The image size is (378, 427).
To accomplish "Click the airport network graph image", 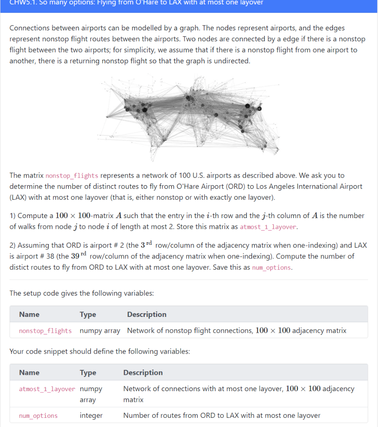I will point(189,119).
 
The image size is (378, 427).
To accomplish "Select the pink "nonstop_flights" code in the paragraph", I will point(72,176).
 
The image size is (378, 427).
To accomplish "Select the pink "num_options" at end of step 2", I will point(271,268).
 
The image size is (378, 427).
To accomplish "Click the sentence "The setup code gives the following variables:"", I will point(82,293).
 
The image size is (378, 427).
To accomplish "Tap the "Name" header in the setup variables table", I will point(29,314).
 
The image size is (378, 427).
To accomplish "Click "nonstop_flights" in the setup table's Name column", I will point(45,331).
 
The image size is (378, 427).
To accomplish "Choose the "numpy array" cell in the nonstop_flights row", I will point(100,331).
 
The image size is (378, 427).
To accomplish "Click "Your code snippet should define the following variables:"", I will point(100,351).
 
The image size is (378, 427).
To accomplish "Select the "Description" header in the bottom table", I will point(143,372).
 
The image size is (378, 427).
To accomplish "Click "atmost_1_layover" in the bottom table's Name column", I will point(47,389).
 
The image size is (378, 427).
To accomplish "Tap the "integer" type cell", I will point(91,415).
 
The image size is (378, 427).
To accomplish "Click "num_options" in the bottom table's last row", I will point(38,416).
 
